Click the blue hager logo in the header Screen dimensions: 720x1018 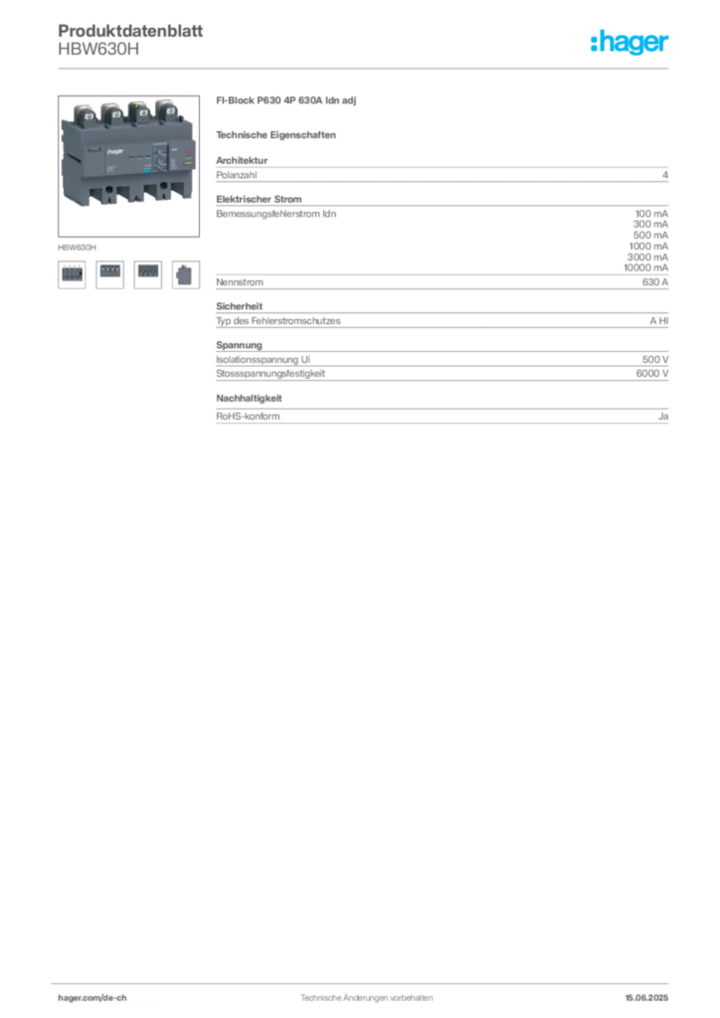pos(630,44)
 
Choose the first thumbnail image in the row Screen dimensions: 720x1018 pos(72,271)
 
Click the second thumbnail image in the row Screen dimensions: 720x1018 pos(109,271)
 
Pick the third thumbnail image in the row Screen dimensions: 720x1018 pos(147,271)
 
